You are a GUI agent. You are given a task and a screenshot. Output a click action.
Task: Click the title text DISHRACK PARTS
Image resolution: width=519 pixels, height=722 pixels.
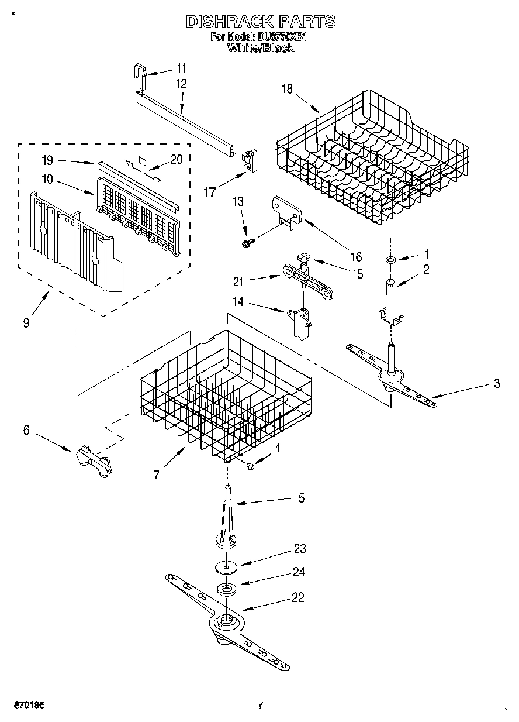point(261,22)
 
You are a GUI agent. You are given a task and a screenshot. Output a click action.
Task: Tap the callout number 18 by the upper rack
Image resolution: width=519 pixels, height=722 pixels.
point(287,90)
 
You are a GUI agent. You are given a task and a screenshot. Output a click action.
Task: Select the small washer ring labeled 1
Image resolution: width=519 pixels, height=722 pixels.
point(390,258)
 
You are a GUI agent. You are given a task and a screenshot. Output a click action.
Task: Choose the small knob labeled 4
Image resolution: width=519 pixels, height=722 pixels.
point(251,465)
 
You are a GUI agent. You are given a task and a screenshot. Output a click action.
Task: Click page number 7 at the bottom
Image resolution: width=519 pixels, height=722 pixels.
point(260,705)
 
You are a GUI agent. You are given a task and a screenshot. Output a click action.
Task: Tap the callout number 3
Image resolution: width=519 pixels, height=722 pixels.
point(496,384)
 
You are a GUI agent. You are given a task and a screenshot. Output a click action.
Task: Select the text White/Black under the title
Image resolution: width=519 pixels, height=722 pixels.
point(261,49)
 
